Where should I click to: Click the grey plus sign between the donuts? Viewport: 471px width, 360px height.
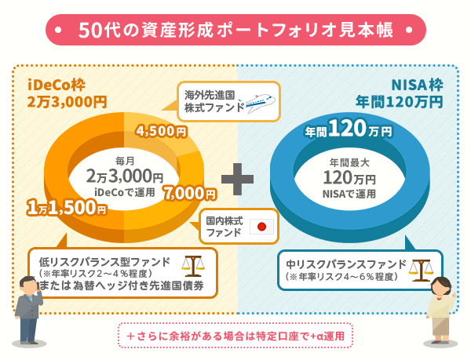click(x=236, y=179)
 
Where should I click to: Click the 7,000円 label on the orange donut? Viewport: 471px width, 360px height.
click(x=189, y=192)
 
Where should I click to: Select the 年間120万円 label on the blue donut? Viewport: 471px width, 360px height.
click(x=348, y=129)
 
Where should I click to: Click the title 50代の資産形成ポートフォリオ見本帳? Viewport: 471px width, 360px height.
click(x=235, y=30)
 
